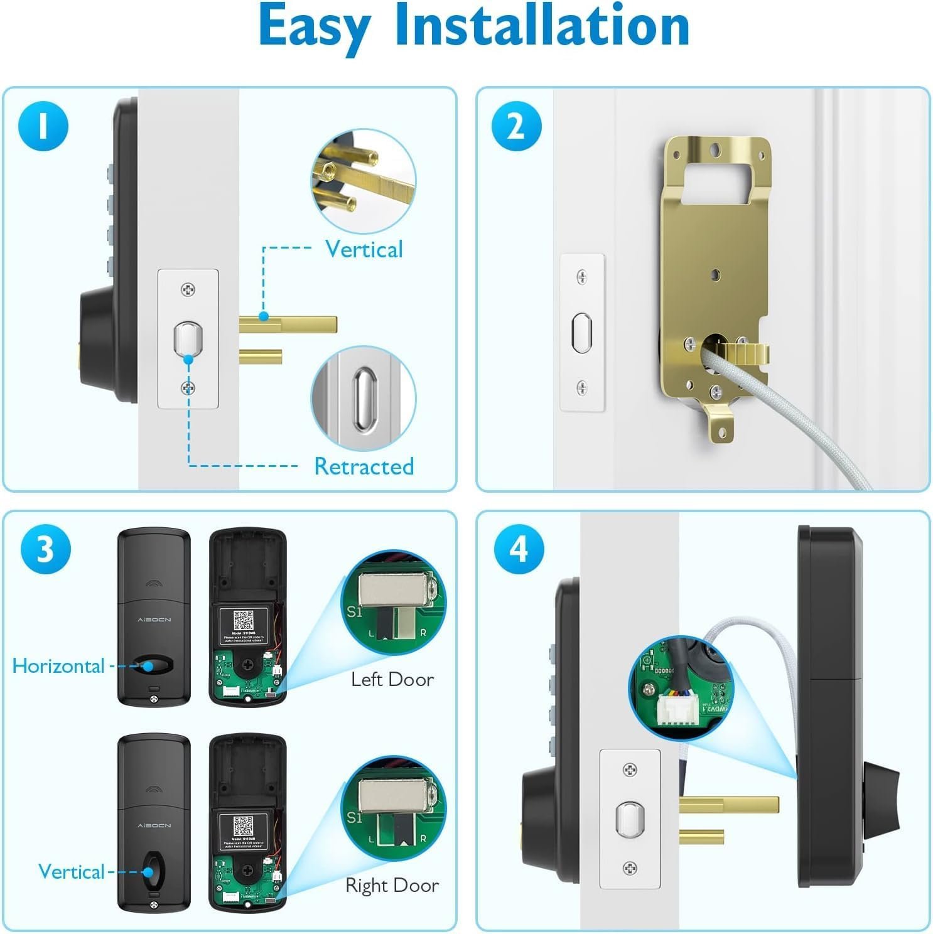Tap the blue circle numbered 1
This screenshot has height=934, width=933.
pyautogui.click(x=43, y=126)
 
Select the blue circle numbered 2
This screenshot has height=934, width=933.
pyautogui.click(x=516, y=126)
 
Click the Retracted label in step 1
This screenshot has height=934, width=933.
pyautogui.click(x=364, y=466)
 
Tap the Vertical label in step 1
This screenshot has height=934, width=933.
pyautogui.click(x=364, y=249)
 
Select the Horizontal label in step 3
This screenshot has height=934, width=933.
pyautogui.click(x=58, y=666)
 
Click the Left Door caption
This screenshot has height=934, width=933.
pyautogui.click(x=392, y=679)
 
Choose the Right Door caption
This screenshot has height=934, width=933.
pyautogui.click(x=392, y=885)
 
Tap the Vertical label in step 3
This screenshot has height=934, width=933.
pyautogui.click(x=71, y=871)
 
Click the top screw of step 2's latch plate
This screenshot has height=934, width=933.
pyautogui.click(x=582, y=276)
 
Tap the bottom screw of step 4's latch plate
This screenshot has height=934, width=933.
pyautogui.click(x=630, y=868)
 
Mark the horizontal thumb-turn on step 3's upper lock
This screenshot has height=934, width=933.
pyautogui.click(x=153, y=665)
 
